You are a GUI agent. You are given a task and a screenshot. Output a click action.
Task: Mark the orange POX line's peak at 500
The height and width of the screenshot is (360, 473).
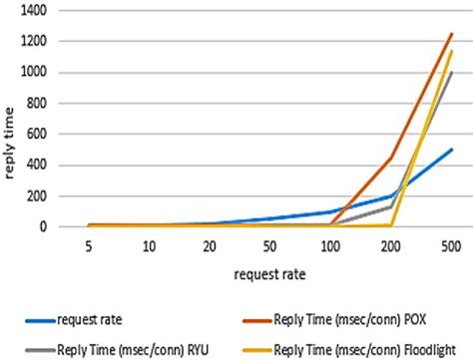(451, 34)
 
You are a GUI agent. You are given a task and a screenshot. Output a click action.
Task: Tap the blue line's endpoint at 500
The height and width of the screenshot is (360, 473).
(451, 150)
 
